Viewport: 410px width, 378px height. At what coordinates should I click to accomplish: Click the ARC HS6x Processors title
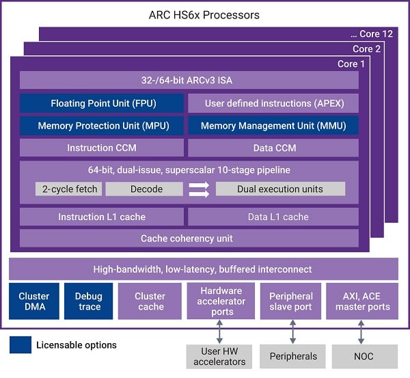(204, 14)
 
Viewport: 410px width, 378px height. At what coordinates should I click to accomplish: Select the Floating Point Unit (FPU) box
(101, 103)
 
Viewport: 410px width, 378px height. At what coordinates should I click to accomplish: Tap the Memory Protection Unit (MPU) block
(101, 126)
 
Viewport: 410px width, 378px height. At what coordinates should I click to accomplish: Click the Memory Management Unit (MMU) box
(273, 126)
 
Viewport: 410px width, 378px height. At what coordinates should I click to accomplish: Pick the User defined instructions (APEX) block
(273, 103)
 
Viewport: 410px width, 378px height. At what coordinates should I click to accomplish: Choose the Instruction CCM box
(101, 148)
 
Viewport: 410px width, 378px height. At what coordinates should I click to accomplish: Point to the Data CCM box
(273, 148)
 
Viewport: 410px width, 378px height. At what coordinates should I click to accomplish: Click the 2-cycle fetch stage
(68, 189)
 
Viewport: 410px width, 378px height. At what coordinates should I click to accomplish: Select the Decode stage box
(144, 189)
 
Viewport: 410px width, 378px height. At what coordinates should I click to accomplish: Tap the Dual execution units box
(280, 189)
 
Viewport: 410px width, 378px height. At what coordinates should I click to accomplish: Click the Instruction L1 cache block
(101, 217)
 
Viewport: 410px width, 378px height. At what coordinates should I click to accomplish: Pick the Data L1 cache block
(273, 217)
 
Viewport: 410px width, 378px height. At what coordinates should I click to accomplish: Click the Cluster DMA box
(33, 301)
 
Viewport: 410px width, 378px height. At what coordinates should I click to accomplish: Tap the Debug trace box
(89, 301)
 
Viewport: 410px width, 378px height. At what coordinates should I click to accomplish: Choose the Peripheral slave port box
(292, 301)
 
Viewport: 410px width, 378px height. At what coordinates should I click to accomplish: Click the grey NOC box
(364, 357)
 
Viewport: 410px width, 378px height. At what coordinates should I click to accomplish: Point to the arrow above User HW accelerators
(220, 332)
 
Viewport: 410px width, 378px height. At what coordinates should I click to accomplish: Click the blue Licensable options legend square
(20, 345)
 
